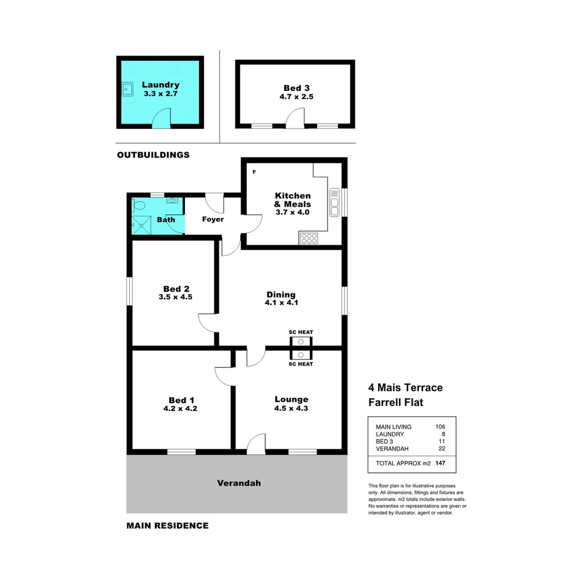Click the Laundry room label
coord(160,85)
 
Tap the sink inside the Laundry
coord(127,89)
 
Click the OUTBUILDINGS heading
coord(153,155)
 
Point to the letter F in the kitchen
coord(254,172)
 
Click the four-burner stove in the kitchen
coord(309,238)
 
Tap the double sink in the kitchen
coord(334,202)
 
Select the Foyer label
coord(212,219)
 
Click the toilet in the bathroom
coord(139,205)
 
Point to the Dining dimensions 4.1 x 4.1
coord(281,303)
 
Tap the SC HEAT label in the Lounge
coord(301,364)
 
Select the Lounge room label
coord(291,399)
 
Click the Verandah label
coord(239,483)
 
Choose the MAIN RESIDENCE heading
coord(167,526)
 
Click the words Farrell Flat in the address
coord(395,402)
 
